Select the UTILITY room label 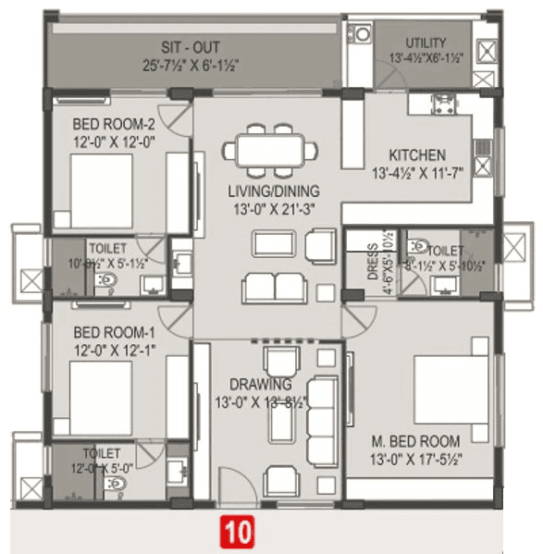425,43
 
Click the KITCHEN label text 416,154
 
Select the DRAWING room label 262,384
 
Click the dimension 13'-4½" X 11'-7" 417,173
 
